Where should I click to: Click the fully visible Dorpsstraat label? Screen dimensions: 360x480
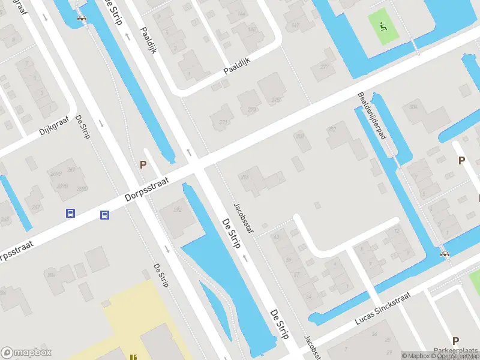pyautogui.click(x=148, y=188)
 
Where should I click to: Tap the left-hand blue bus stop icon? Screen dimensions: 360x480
pyautogui.click(x=71, y=213)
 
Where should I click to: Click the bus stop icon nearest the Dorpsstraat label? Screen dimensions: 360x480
pyautogui.click(x=104, y=215)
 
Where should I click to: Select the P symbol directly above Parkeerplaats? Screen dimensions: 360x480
pyautogui.click(x=455, y=340)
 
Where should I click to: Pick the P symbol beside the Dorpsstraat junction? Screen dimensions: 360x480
pyautogui.click(x=143, y=164)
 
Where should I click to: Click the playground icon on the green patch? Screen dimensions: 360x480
pyautogui.click(x=383, y=26)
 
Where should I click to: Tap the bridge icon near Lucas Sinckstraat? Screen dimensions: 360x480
pyautogui.click(x=445, y=253)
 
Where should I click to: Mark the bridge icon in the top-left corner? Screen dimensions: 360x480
pyautogui.click(x=82, y=17)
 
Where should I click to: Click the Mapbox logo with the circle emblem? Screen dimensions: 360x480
pyautogui.click(x=26, y=353)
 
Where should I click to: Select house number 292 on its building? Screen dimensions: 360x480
pyautogui.click(x=177, y=210)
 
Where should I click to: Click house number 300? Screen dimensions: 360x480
pyautogui.click(x=300, y=136)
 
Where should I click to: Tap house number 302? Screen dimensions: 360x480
pyautogui.click(x=332, y=129)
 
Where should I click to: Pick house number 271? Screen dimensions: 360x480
pyautogui.click(x=223, y=122)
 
